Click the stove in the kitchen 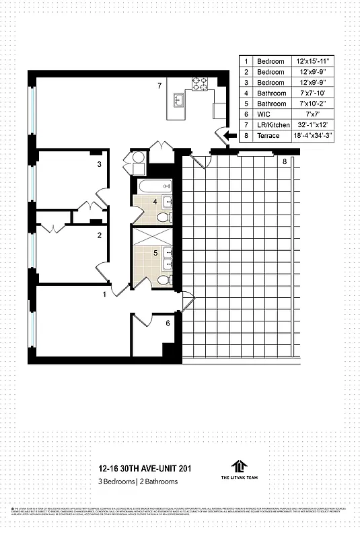(x=200, y=84)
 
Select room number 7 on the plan (x=159, y=85)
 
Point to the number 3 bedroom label (x=99, y=163)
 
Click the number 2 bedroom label (x=99, y=235)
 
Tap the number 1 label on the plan (x=104, y=294)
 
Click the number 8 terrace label (x=285, y=162)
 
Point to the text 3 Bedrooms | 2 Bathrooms (x=138, y=482)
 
